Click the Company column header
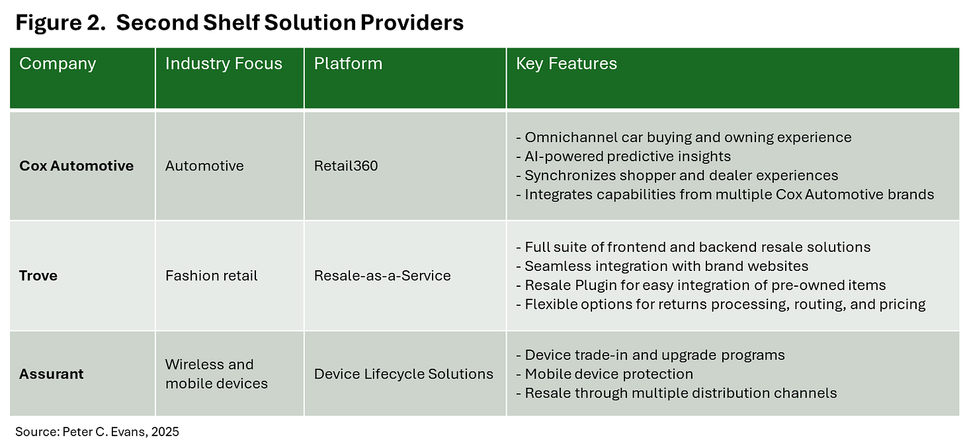[58, 64]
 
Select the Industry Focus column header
[224, 64]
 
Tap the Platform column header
[348, 64]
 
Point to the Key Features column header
[566, 64]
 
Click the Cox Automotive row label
[76, 166]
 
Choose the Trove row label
[38, 276]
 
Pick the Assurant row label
[52, 374]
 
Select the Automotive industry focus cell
[204, 166]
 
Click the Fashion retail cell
[212, 276]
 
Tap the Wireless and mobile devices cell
[216, 374]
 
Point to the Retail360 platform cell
[346, 166]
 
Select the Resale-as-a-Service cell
[382, 276]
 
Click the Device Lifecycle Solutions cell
[403, 374]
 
